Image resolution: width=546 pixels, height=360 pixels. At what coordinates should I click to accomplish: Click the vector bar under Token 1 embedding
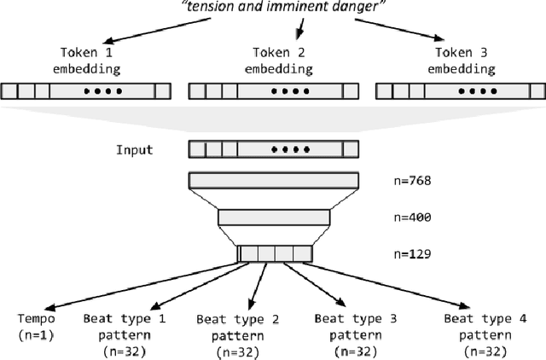coord(85,90)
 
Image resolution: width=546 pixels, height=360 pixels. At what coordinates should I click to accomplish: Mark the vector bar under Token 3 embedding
coord(459,90)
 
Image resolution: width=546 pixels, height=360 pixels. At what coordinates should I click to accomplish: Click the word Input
coord(135,150)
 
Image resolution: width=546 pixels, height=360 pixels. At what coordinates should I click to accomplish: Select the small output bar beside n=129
coord(275,253)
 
